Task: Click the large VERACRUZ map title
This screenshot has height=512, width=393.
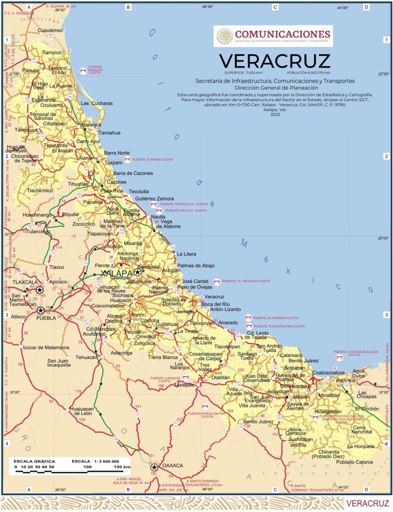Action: tap(274, 61)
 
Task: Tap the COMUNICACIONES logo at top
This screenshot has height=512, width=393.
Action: tap(273, 36)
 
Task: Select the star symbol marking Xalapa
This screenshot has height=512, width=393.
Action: tap(137, 272)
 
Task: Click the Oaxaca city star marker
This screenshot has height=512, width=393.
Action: tap(154, 467)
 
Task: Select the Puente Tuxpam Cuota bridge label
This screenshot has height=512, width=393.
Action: tap(152, 159)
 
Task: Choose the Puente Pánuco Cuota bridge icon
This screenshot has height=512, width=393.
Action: tap(82, 70)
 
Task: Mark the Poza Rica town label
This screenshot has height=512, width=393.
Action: tap(111, 191)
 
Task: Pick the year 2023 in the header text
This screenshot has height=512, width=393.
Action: tap(275, 114)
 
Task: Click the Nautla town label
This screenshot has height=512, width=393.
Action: tap(158, 216)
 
